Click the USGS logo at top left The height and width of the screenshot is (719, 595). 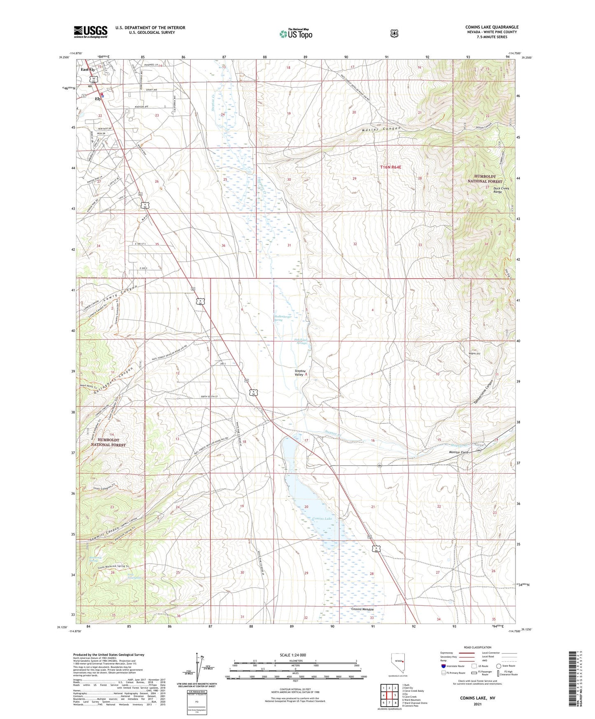[91, 32]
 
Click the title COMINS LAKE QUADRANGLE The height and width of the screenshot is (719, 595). [492, 27]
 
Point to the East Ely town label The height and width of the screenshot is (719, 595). [88, 70]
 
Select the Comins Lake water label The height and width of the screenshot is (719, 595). [322, 518]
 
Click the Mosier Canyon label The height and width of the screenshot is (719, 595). [381, 129]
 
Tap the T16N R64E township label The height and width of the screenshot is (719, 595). [390, 167]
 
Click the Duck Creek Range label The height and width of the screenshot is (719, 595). [501, 190]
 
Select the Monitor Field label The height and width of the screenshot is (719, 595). [459, 452]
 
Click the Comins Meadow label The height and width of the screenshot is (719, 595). [362, 609]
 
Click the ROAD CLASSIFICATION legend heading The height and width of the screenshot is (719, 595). [477, 647]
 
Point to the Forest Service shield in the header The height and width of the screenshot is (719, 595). [394, 33]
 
